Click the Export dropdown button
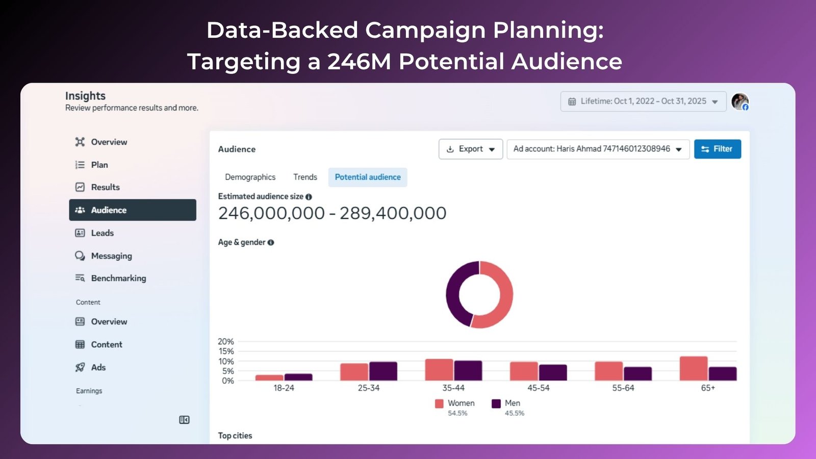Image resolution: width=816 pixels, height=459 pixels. [x=470, y=149]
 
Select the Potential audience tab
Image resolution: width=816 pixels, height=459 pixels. [x=368, y=177]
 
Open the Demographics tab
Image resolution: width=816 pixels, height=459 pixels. [x=250, y=177]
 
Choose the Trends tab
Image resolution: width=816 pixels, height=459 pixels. [x=305, y=177]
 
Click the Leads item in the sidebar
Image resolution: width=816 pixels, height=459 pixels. [x=102, y=233]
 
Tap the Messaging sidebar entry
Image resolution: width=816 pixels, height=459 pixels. [x=111, y=256]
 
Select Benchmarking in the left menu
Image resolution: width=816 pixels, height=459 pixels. [x=118, y=278]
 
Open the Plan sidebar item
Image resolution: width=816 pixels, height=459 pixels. [x=99, y=165]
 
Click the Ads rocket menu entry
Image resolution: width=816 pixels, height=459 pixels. [x=98, y=367]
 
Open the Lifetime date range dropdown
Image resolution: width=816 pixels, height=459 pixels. [x=643, y=101]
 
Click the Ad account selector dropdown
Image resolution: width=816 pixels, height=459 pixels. [x=598, y=149]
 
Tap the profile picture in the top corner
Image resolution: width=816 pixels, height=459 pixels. [x=739, y=101]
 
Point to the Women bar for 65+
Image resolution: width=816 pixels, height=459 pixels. [x=693, y=368]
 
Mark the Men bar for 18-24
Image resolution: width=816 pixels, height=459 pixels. [x=298, y=377]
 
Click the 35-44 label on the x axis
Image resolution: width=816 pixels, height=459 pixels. [x=453, y=388]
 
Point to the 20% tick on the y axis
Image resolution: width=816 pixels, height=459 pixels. [x=225, y=342]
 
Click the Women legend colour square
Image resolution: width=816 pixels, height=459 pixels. [x=439, y=403]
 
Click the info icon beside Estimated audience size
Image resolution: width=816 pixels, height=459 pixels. [x=309, y=197]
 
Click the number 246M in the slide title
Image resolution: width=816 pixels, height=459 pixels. [x=359, y=62]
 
